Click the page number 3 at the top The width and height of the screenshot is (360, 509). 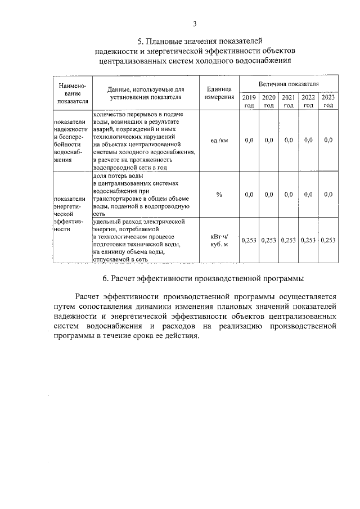[x=194, y=24]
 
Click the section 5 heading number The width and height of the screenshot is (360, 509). [x=141, y=41]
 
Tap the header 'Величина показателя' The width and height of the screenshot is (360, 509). [x=289, y=83]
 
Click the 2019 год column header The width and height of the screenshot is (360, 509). [x=249, y=101]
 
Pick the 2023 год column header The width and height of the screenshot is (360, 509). [x=328, y=101]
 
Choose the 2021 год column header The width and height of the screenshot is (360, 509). [x=288, y=101]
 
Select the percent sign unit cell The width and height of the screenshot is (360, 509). [x=219, y=195]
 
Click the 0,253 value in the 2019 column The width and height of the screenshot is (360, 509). [x=249, y=240]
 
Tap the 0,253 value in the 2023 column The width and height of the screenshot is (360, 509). [x=328, y=240]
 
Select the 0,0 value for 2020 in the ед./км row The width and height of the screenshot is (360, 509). [x=269, y=140]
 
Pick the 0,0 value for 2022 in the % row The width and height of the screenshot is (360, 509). [x=308, y=195]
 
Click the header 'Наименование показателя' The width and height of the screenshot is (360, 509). [x=70, y=93]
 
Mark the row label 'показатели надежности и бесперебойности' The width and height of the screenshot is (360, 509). [x=70, y=140]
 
